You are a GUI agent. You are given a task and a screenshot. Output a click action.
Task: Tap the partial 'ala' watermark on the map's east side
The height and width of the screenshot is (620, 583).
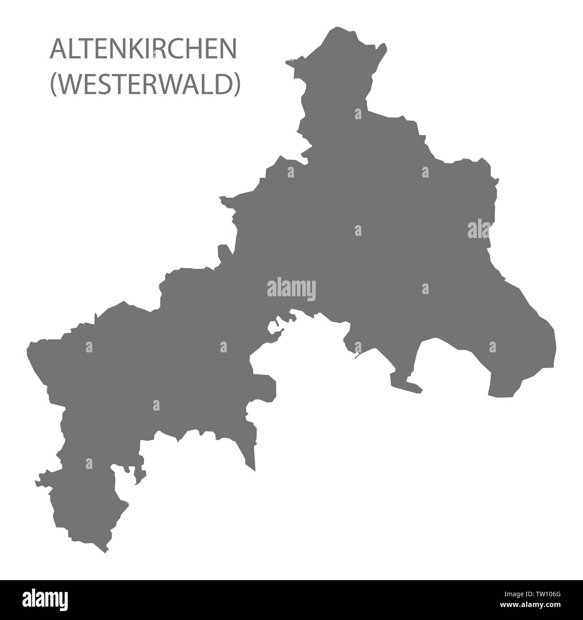[480, 230]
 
